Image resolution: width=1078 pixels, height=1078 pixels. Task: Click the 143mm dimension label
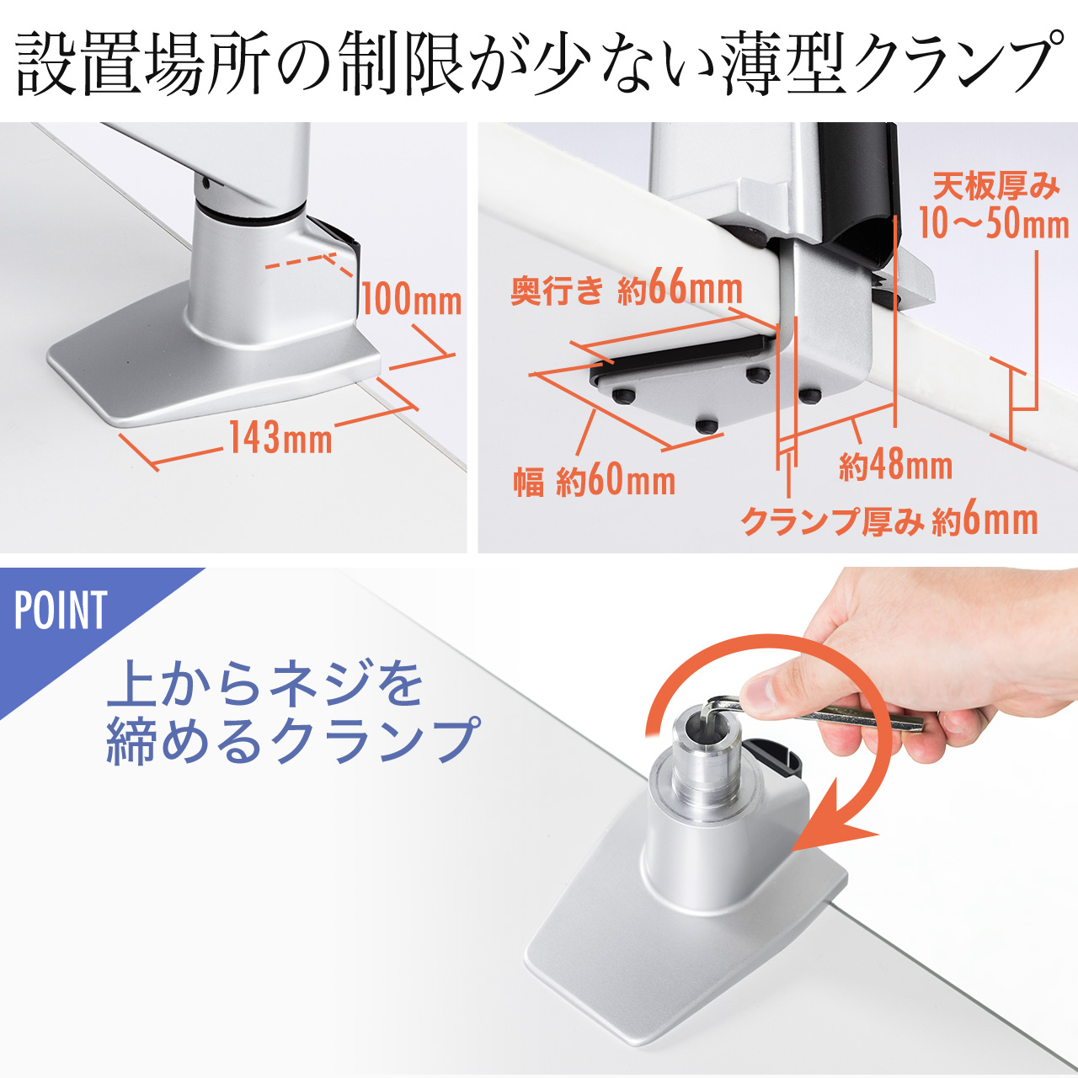coord(281,437)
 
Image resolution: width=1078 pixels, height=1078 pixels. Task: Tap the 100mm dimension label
coord(412,299)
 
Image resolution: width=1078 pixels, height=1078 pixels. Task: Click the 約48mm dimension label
coord(895,465)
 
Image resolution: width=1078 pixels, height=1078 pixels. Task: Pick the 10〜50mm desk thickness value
coord(993,223)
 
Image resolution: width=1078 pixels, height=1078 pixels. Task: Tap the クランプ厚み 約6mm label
coord(889,520)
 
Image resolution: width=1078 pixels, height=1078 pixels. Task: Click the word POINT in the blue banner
coord(61,611)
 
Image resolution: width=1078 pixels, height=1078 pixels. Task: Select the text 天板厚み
coord(995,186)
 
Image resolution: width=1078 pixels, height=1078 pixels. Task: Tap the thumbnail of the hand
coord(766,692)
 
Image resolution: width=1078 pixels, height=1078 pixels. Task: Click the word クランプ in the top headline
coord(952,66)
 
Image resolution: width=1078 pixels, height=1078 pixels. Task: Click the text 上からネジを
coord(264,684)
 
